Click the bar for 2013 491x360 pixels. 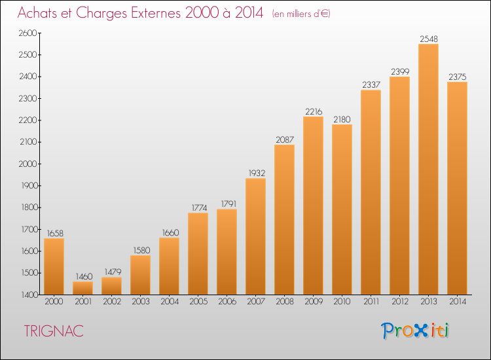point(428,169)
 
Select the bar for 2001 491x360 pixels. point(82,288)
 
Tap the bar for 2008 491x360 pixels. point(284,219)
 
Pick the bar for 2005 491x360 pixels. point(198,253)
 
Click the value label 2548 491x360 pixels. point(429,39)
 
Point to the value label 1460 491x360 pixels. point(84,276)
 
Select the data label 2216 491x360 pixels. point(314,111)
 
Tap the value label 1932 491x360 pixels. point(257,173)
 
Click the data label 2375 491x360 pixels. point(458,77)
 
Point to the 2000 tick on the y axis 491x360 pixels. point(28,164)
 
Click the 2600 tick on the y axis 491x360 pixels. point(28,33)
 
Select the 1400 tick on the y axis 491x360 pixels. point(29,295)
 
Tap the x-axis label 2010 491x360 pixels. point(342,302)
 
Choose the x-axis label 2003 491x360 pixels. point(141,302)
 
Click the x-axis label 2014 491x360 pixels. point(458,302)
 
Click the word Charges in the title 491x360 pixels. point(101,13)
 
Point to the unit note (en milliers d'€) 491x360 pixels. point(301,14)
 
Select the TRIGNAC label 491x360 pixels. point(54,331)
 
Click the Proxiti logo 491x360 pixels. point(415,331)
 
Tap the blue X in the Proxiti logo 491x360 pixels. point(421,331)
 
